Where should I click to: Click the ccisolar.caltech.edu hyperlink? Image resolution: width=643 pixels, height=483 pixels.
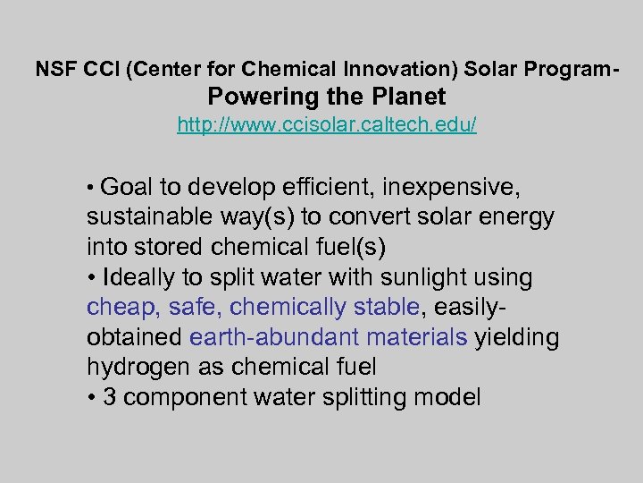click(x=327, y=124)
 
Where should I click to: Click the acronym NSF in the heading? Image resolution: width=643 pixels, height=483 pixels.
click(x=54, y=68)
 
